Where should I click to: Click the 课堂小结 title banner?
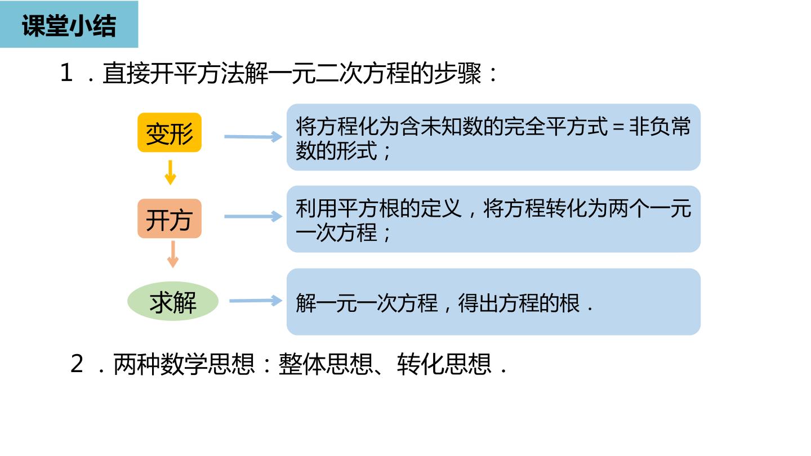[69, 24]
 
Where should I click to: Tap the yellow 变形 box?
[170, 132]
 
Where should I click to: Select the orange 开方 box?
[170, 218]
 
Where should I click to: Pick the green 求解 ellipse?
[173, 301]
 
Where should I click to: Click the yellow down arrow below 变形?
[170, 173]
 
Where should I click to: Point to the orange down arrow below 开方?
[173, 254]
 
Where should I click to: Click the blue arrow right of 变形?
[253, 136]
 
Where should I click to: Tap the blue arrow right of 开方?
[253, 216]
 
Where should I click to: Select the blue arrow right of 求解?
[256, 301]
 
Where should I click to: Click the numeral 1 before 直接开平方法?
[66, 73]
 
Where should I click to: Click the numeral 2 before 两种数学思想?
[77, 363]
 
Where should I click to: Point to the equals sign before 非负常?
[618, 127]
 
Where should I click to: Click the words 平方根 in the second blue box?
[368, 209]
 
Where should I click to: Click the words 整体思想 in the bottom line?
[326, 364]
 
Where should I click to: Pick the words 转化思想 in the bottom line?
[444, 364]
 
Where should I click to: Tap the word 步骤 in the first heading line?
[457, 73]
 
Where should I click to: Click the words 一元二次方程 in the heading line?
[339, 73]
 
